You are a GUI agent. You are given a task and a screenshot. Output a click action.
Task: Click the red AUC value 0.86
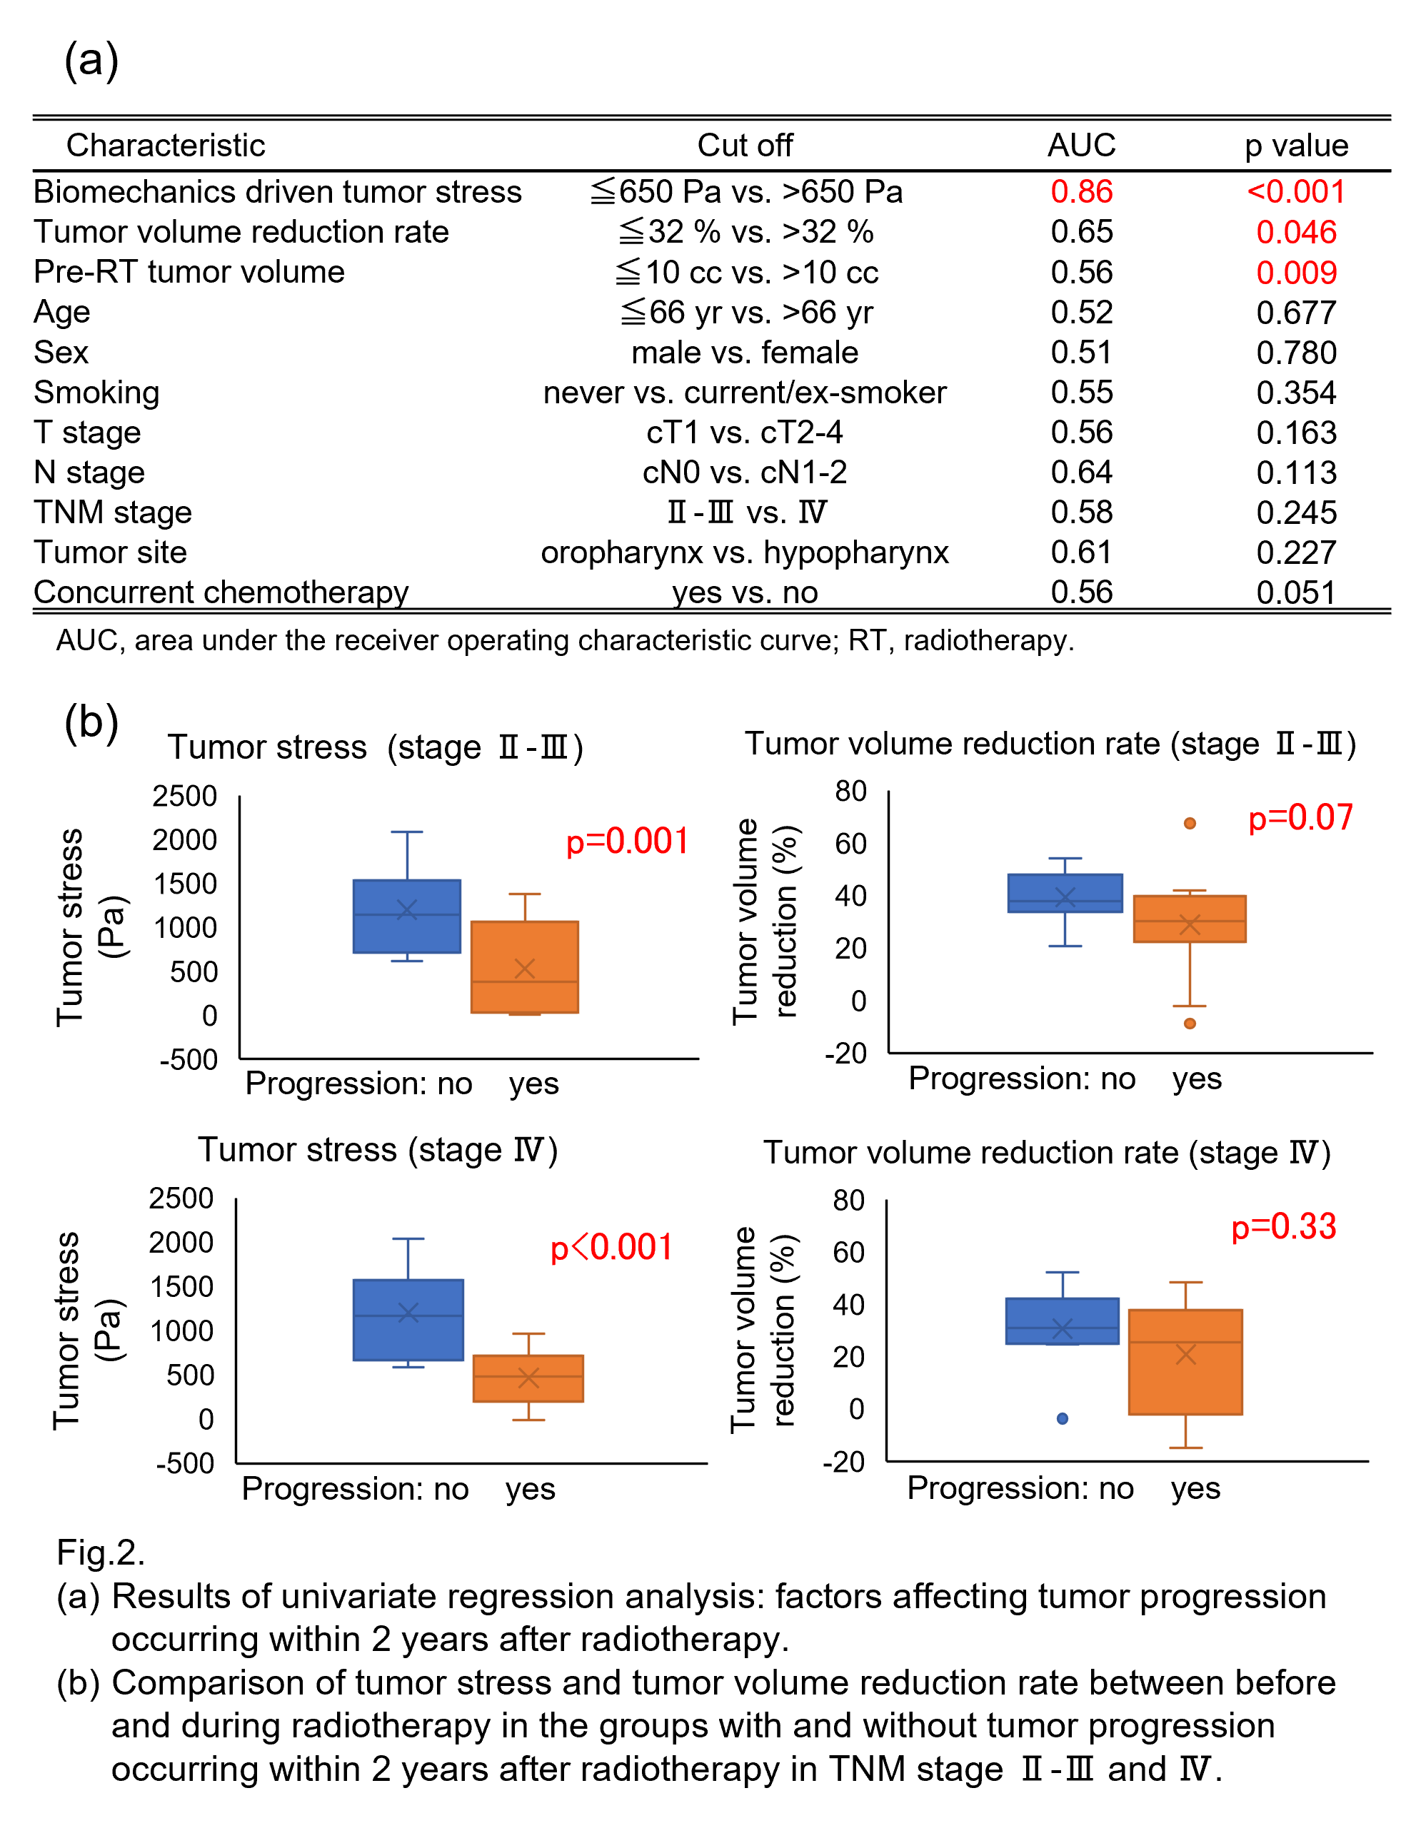coord(1080,192)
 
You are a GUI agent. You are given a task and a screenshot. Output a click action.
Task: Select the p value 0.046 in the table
coord(1295,233)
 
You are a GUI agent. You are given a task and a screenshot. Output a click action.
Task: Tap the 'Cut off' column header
coord(745,145)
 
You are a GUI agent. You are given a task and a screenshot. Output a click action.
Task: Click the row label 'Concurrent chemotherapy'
coord(221,592)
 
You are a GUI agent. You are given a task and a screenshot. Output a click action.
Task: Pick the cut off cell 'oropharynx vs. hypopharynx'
coord(745,553)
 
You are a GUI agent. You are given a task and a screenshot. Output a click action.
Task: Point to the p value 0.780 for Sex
coord(1295,353)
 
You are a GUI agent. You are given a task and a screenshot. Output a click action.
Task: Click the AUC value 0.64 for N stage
coord(1080,473)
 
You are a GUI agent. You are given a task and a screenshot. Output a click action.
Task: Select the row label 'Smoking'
coord(96,393)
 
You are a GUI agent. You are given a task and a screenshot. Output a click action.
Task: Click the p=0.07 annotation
coord(1300,817)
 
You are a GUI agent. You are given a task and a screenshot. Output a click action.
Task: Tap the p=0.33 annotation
coord(1282,1226)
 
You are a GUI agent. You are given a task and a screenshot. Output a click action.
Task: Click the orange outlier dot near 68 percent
coord(1190,823)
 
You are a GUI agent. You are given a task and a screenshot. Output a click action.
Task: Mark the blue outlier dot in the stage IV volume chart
coord(1062,1418)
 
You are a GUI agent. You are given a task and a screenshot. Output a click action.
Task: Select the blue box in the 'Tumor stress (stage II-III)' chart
coord(406,916)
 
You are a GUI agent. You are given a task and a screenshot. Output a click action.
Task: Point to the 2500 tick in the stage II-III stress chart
coord(185,796)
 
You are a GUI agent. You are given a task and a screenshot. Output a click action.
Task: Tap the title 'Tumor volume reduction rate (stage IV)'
coord(1047,1152)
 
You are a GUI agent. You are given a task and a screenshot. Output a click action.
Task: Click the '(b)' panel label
coord(91,724)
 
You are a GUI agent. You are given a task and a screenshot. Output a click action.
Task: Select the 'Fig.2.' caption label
coord(101,1552)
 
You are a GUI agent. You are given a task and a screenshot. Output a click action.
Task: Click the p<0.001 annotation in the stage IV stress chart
coord(611,1248)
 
